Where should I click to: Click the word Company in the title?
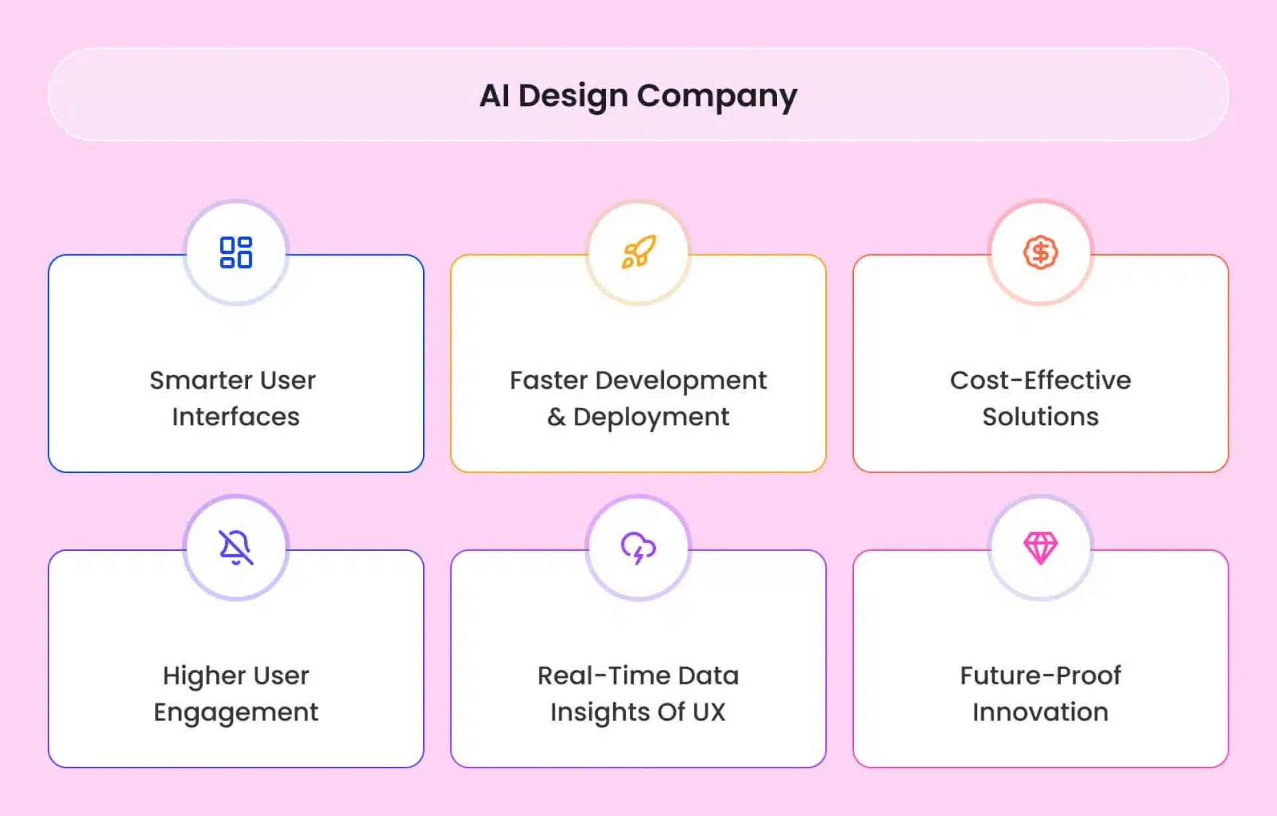(x=717, y=96)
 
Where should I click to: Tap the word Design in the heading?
(x=573, y=95)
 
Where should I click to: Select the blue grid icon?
(x=236, y=253)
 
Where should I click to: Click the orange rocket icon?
(x=638, y=253)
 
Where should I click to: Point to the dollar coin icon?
(x=1040, y=253)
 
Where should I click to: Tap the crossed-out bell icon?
(x=236, y=548)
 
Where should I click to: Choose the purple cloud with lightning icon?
(x=638, y=548)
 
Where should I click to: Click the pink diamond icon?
(x=1040, y=548)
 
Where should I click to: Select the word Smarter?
(x=200, y=380)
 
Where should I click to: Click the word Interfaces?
(x=236, y=417)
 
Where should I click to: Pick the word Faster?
(x=549, y=380)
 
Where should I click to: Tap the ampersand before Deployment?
(x=556, y=417)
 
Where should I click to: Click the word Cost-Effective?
(x=1040, y=380)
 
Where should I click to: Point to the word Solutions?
(x=1040, y=417)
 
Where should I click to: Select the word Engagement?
(x=236, y=712)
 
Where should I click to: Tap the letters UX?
(x=708, y=712)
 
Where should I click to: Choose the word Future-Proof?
(x=1040, y=676)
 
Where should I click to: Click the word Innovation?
(x=1040, y=712)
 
